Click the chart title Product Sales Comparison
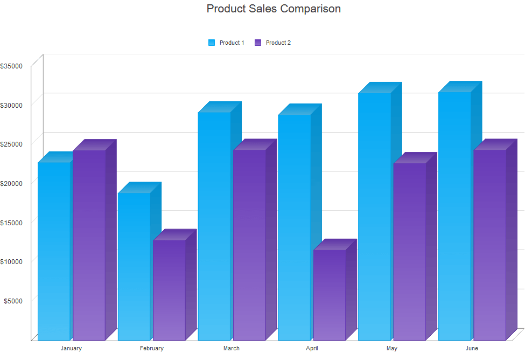(274, 9)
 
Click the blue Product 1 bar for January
(54, 251)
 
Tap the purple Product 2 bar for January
(89, 245)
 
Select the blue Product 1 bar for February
(134, 266)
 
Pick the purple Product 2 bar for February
(169, 290)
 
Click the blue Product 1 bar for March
(214, 226)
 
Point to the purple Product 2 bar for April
(329, 295)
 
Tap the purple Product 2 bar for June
(489, 245)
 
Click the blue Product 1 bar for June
(454, 216)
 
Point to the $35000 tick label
(11, 66)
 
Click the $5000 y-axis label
(13, 300)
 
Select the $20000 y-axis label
(11, 183)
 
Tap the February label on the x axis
(152, 349)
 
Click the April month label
(312, 349)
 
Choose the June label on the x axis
(472, 349)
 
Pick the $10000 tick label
(11, 261)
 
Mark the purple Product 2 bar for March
(249, 245)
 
